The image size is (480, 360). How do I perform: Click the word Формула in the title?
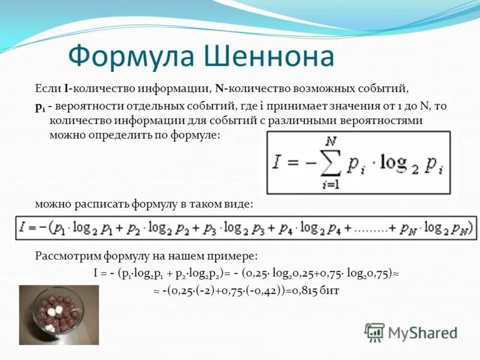[123, 57]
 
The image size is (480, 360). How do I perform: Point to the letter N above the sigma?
[329, 142]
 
